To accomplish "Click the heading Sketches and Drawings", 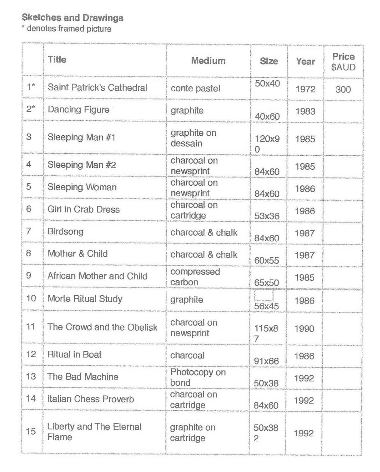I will tap(73, 18).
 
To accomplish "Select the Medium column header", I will tap(208, 61).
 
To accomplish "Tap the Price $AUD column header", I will tap(343, 62).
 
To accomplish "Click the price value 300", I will tap(343, 89).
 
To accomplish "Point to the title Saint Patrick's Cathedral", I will tap(97, 87).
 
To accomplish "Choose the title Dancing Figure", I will tap(78, 109).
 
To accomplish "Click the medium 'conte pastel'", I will tap(195, 88).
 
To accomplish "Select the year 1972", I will tap(305, 89).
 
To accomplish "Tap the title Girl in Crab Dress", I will tap(83, 209).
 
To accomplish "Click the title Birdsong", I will tap(65, 231).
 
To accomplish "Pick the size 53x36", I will tap(267, 216).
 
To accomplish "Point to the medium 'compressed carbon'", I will tap(195, 277).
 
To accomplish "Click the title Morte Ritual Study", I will tap(85, 299).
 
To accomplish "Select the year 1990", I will tap(305, 328).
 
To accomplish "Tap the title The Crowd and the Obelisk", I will tap(102, 327).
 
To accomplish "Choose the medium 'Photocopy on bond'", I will tap(198, 377).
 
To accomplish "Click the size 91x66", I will tap(266, 361).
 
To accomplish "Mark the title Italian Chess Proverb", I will tap(91, 399).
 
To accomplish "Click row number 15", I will tap(31, 431).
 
